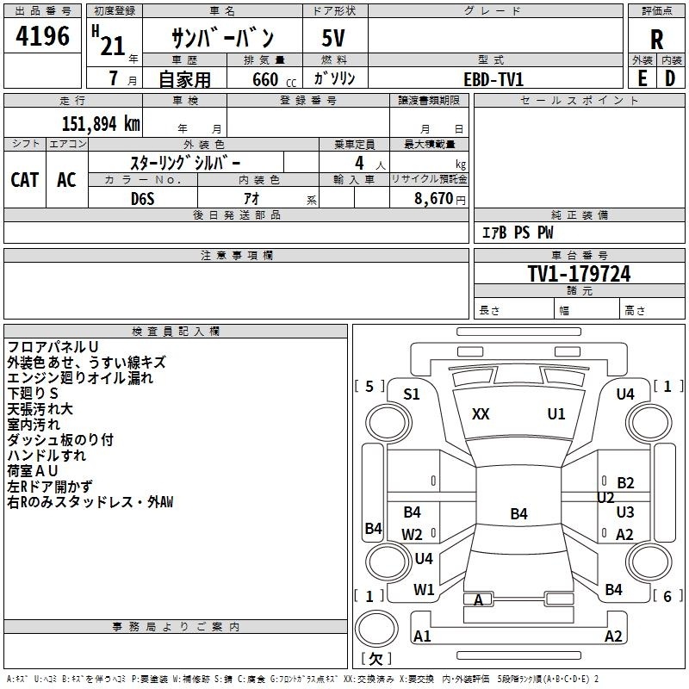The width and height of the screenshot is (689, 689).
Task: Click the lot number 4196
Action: [x=43, y=36]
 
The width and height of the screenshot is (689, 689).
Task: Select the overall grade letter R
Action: [x=656, y=40]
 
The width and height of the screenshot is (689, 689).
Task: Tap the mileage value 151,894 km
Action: [x=101, y=123]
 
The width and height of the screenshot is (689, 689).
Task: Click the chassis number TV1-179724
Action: [x=579, y=274]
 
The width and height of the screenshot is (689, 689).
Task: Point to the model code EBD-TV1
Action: [x=493, y=78]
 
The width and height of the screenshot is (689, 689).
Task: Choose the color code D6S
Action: [x=143, y=199]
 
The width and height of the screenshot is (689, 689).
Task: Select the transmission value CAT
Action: [x=24, y=180]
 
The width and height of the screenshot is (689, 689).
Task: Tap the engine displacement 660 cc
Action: [x=264, y=79]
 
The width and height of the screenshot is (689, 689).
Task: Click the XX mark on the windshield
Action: [x=481, y=414]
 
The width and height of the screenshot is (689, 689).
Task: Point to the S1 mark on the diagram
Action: [x=412, y=394]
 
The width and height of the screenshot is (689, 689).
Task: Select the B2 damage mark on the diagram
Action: [x=625, y=483]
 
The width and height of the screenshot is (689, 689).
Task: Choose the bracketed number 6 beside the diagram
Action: [x=667, y=595]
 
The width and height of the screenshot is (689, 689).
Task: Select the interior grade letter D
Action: [x=669, y=78]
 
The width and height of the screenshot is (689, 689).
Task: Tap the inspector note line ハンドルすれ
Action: [x=47, y=455]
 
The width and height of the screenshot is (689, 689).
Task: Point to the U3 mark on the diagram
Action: [x=625, y=512]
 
